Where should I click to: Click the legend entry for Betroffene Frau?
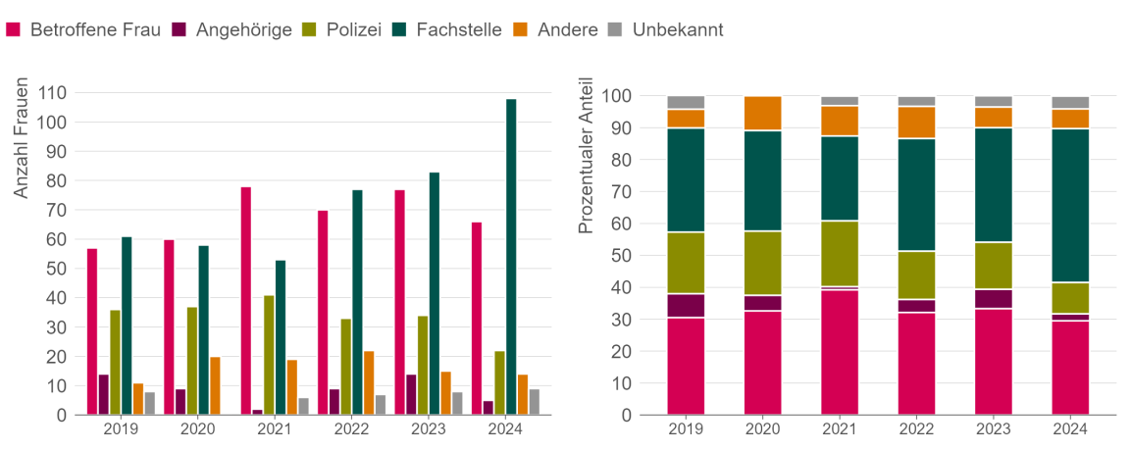(x=82, y=29)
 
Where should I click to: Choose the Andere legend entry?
(x=554, y=29)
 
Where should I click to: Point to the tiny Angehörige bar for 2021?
(x=257, y=412)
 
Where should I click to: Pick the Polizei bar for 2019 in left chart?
(x=115, y=363)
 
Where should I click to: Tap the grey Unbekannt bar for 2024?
(x=535, y=402)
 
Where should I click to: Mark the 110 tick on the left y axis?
(x=52, y=93)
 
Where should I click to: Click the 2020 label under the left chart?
(x=197, y=429)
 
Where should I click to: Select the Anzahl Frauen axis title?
(x=22, y=137)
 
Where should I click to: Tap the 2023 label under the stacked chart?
(x=993, y=429)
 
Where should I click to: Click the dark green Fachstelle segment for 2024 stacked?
(x=1069, y=205)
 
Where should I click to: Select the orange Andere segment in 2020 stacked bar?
(x=762, y=114)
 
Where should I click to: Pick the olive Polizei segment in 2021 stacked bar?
(x=840, y=253)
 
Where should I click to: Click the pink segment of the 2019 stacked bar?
(x=686, y=366)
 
